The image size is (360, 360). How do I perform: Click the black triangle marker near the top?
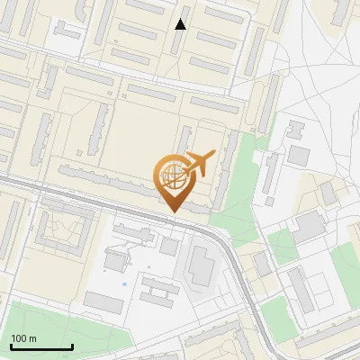(181, 24)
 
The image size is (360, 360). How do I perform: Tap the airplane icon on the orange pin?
(199, 162)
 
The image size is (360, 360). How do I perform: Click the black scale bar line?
(40, 347)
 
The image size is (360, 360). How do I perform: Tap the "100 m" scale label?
(23, 338)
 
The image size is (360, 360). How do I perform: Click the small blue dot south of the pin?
(124, 284)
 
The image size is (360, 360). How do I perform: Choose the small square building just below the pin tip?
(170, 246)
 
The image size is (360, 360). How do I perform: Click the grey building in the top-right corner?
(341, 11)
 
